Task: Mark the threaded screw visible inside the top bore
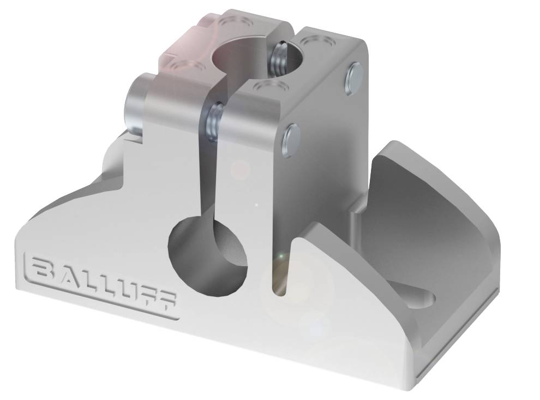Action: [279, 58]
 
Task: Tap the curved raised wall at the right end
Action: [436, 186]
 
